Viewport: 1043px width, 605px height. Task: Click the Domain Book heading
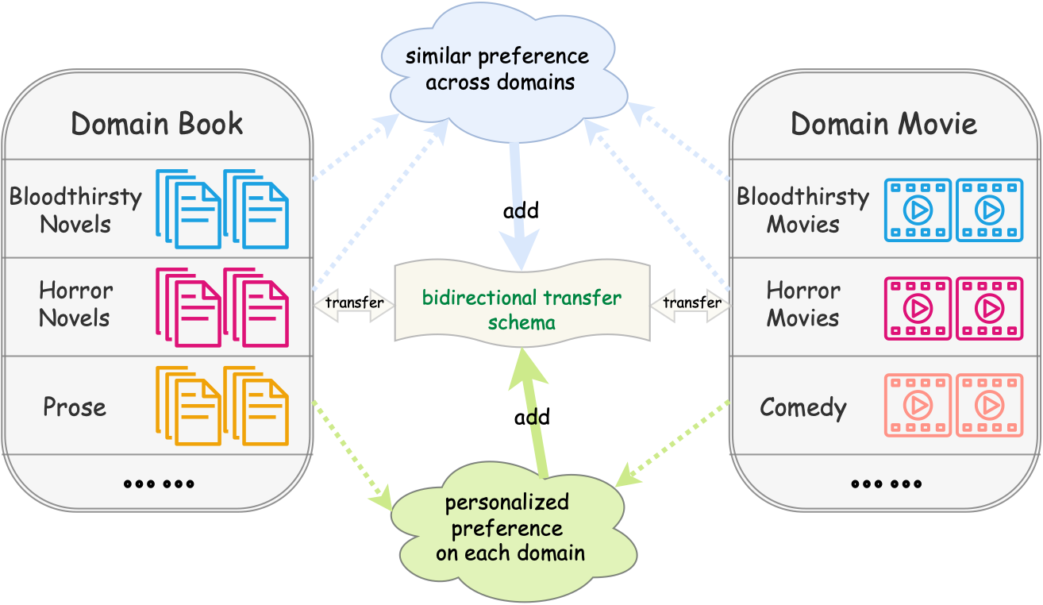point(156,124)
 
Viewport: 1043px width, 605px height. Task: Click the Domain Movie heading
point(883,124)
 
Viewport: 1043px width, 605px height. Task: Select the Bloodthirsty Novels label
point(75,210)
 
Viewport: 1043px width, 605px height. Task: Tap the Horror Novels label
point(75,304)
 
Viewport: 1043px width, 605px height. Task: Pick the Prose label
point(75,407)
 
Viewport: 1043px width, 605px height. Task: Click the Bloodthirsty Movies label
point(802,210)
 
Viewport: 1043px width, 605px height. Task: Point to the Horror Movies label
point(802,304)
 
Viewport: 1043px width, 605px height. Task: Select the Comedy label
point(802,407)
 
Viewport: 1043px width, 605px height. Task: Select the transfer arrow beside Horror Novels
point(354,302)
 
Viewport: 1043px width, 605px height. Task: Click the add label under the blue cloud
point(521,210)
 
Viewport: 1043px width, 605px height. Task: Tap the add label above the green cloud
point(532,417)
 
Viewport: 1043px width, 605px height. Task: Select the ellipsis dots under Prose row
point(159,483)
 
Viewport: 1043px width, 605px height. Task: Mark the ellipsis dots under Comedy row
point(886,483)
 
